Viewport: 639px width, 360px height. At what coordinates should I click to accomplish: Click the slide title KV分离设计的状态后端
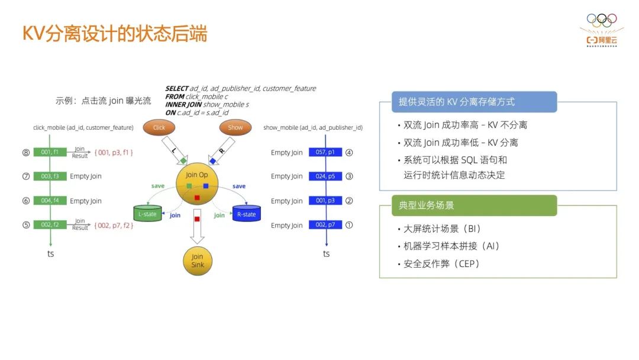[x=115, y=34]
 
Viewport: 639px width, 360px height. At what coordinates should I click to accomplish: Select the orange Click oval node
[x=159, y=127]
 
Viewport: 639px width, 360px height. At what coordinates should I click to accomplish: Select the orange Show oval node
[x=235, y=127]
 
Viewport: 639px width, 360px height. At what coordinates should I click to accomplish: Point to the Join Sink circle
[x=197, y=261]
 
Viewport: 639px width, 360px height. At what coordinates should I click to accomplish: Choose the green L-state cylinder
[x=147, y=214]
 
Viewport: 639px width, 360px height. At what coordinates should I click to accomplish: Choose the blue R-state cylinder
[x=247, y=214]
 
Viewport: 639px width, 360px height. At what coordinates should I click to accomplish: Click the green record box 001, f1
[x=50, y=153]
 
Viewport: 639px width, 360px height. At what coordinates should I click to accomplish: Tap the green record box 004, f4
[x=50, y=201]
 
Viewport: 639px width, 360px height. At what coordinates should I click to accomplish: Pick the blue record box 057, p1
[x=325, y=153]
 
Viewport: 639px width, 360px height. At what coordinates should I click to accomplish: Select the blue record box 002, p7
[x=325, y=225]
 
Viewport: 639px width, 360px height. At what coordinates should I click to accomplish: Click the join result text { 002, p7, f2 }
[x=114, y=226]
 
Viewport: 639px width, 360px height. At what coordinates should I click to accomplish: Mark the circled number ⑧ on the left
[x=26, y=153]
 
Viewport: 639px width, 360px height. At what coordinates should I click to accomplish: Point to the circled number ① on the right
[x=349, y=225]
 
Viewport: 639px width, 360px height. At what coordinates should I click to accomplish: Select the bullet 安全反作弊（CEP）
[x=441, y=264]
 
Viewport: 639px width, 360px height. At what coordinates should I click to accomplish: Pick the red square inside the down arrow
[x=197, y=219]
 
